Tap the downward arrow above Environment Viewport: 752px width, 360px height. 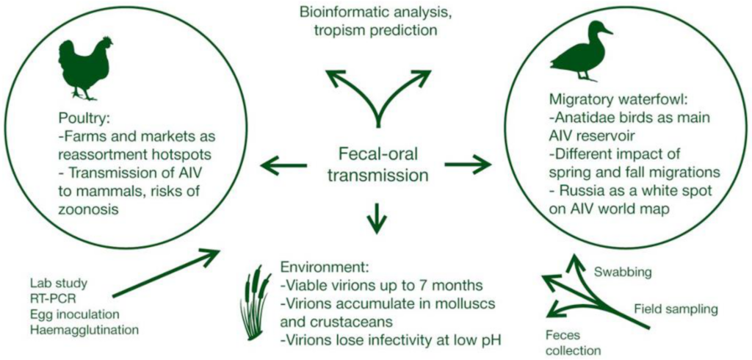click(376, 215)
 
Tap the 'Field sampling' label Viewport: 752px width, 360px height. click(676, 309)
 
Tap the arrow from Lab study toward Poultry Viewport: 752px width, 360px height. click(166, 273)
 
